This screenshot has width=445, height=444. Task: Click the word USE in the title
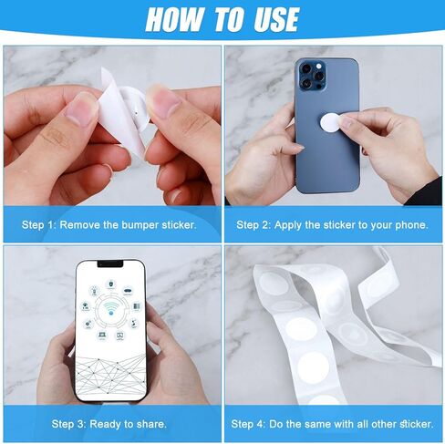pos(276,19)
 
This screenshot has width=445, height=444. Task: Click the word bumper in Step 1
pos(140,225)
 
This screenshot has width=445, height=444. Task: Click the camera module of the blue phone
pos(312,76)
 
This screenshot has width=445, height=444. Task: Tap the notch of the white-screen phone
pos(110,263)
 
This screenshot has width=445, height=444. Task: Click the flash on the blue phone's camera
pos(318,66)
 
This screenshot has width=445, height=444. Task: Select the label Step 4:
pos(248,424)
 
